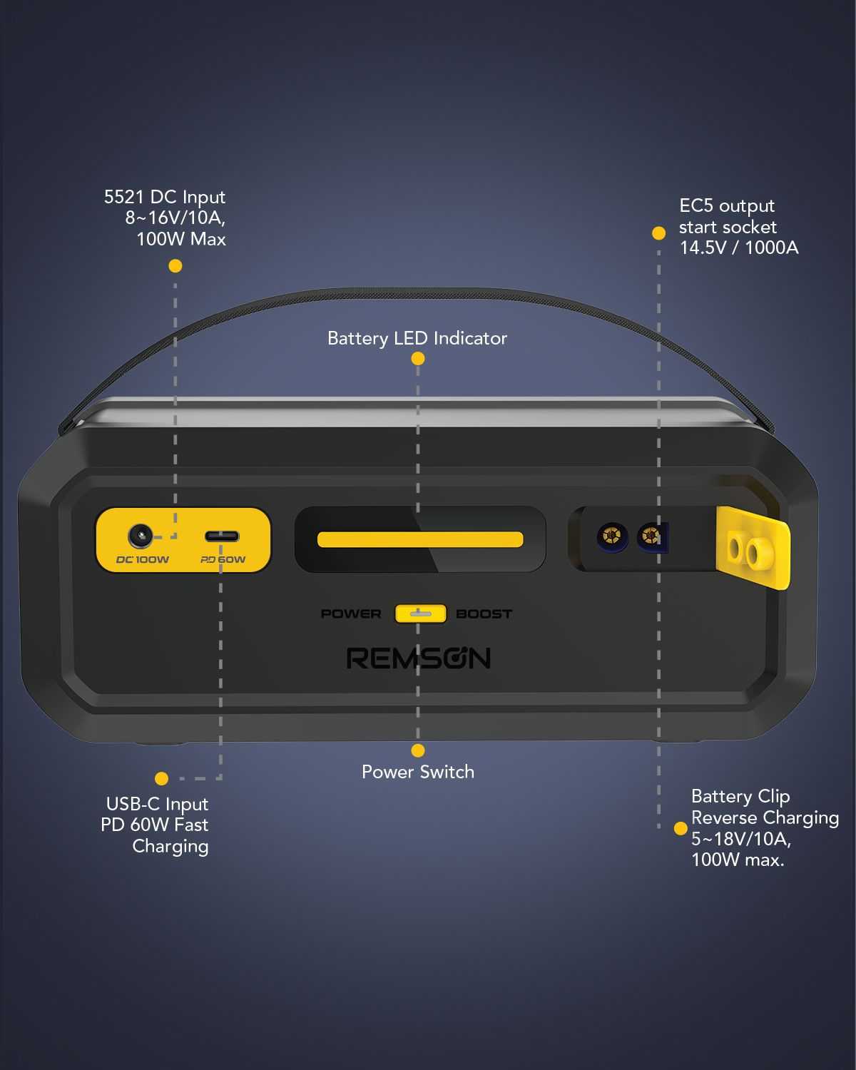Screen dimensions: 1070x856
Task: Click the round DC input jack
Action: pos(140,536)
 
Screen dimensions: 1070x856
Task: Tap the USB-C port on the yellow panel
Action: pos(222,536)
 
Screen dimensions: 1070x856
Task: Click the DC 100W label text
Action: pos(143,559)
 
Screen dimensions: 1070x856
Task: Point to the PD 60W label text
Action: pos(223,559)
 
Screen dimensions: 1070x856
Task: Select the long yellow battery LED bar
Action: pos(420,539)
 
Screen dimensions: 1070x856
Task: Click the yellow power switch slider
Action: pos(420,613)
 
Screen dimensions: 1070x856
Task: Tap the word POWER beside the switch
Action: pos(350,613)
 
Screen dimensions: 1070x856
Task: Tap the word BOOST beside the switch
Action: pos(484,613)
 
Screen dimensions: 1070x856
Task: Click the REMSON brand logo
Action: pos(419,658)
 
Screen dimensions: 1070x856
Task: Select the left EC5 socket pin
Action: pos(611,534)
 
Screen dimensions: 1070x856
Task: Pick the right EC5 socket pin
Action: pos(651,535)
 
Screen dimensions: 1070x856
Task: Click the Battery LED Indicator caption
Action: pos(417,338)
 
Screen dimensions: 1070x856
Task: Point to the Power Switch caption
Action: pos(417,772)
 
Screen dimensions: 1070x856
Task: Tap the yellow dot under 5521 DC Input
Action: pos(175,266)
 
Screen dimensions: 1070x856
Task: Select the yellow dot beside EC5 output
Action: pos(658,233)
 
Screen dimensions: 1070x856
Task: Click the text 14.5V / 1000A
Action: pos(738,248)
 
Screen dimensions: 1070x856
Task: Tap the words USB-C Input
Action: pos(157,804)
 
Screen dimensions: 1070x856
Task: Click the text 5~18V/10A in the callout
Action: pos(740,838)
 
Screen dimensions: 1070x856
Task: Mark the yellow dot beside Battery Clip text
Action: pos(681,828)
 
